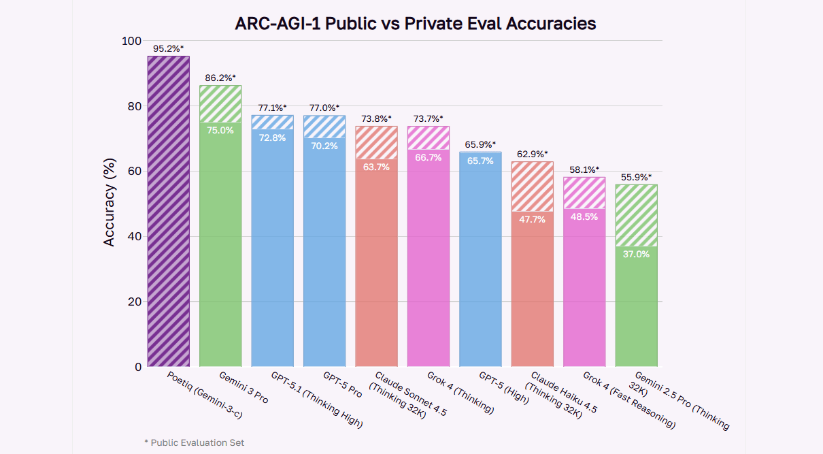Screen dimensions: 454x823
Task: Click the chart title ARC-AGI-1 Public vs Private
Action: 415,23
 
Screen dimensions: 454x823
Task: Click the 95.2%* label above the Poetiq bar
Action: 168,49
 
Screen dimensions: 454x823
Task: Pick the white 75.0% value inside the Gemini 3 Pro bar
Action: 220,130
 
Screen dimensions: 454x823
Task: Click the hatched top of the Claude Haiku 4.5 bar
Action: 532,186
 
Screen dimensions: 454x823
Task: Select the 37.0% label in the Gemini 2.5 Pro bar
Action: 636,254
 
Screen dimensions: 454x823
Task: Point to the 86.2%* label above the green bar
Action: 220,78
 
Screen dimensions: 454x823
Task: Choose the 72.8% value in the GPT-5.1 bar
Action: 272,137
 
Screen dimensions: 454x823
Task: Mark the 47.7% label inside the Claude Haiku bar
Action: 532,219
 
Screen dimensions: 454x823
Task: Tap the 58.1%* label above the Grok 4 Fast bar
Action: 584,169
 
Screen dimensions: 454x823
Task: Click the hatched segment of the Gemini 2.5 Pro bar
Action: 636,214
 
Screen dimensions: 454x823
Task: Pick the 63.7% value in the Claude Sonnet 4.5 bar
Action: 376,167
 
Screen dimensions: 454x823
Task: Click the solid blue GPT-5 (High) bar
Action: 480,272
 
